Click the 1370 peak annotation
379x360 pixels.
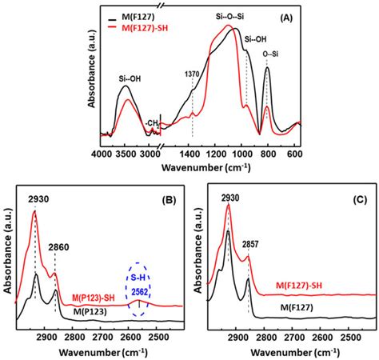[192, 74]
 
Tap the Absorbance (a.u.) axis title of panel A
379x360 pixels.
[89, 78]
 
